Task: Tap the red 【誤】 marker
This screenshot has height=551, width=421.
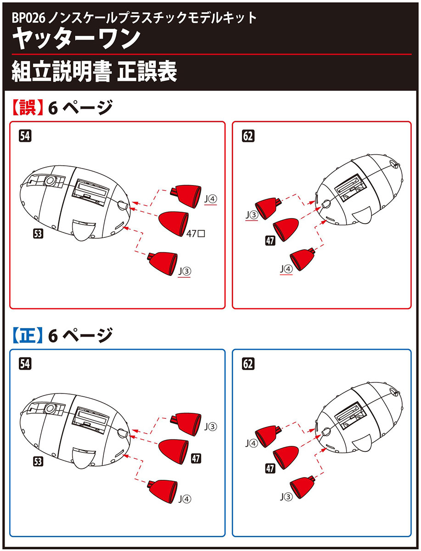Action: click(x=27, y=108)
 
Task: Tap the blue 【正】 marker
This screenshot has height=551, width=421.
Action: click(x=27, y=336)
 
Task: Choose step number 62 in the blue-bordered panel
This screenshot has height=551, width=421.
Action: click(x=248, y=364)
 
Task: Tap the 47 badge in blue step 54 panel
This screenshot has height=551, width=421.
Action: click(x=196, y=458)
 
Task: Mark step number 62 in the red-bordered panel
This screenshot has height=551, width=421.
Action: click(x=248, y=136)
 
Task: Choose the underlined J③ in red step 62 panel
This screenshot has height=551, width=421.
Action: click(x=251, y=214)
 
